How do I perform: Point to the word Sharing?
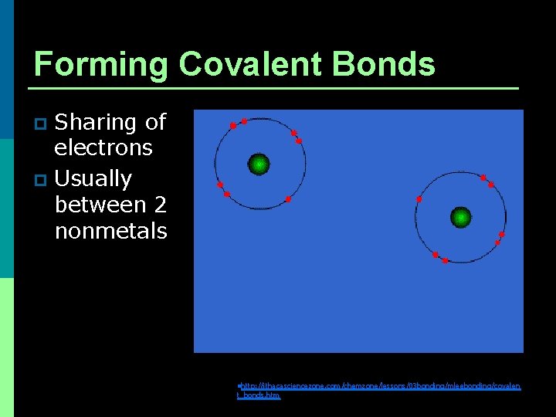[x=96, y=123]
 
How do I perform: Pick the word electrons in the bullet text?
[x=103, y=147]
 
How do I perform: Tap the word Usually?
[x=93, y=179]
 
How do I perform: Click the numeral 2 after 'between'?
[x=160, y=205]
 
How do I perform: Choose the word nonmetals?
[x=110, y=231]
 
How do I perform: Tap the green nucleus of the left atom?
[x=259, y=164]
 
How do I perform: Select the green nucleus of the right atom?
[x=461, y=217]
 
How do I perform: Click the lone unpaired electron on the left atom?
[x=288, y=199]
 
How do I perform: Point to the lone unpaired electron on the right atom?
[x=419, y=199]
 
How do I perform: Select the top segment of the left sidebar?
[x=7, y=69]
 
